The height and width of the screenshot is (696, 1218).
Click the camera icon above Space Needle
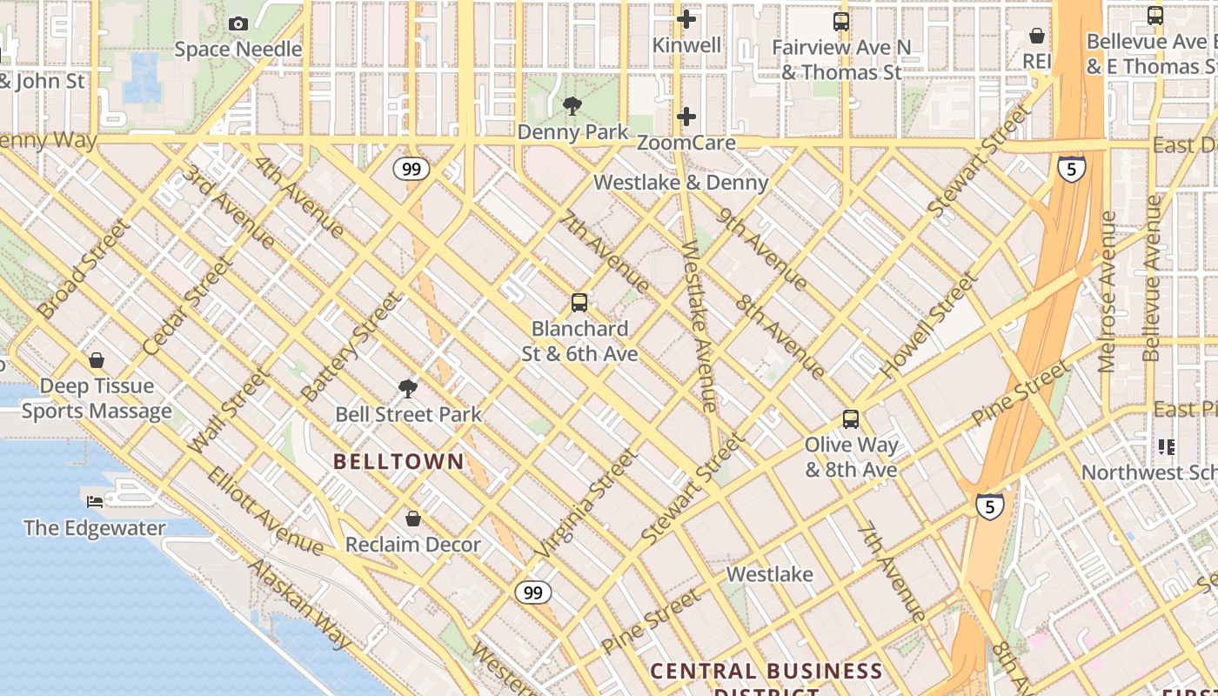pyautogui.click(x=238, y=24)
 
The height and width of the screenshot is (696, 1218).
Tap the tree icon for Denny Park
pyautogui.click(x=572, y=107)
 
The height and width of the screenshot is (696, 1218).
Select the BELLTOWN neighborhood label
pyautogui.click(x=399, y=462)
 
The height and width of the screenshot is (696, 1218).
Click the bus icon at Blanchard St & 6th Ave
pyautogui.click(x=579, y=303)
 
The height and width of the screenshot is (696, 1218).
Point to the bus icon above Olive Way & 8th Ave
pyautogui.click(x=851, y=419)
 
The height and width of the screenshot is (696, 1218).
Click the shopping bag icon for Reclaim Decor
pyautogui.click(x=413, y=519)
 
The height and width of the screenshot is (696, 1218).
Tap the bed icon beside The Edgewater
pyautogui.click(x=95, y=501)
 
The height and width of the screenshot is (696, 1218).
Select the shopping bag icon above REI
pyautogui.click(x=1037, y=36)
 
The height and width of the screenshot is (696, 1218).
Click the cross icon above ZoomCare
pyautogui.click(x=686, y=117)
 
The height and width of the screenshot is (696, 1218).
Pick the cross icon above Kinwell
pyautogui.click(x=686, y=19)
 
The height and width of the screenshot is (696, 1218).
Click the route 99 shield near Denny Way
pyautogui.click(x=412, y=169)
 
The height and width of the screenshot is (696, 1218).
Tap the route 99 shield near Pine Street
pyautogui.click(x=532, y=593)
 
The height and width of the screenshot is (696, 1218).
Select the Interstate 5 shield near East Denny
pyautogui.click(x=1072, y=169)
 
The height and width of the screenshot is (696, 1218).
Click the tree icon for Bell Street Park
pyautogui.click(x=407, y=388)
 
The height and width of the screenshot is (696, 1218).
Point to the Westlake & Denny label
pyautogui.click(x=681, y=183)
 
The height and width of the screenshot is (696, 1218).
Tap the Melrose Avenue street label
pyautogui.click(x=1108, y=291)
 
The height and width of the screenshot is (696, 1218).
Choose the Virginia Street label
pyautogui.click(x=586, y=504)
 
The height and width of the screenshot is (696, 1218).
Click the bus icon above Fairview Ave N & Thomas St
pyautogui.click(x=841, y=22)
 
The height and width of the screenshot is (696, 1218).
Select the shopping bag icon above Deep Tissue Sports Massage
pyautogui.click(x=97, y=360)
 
